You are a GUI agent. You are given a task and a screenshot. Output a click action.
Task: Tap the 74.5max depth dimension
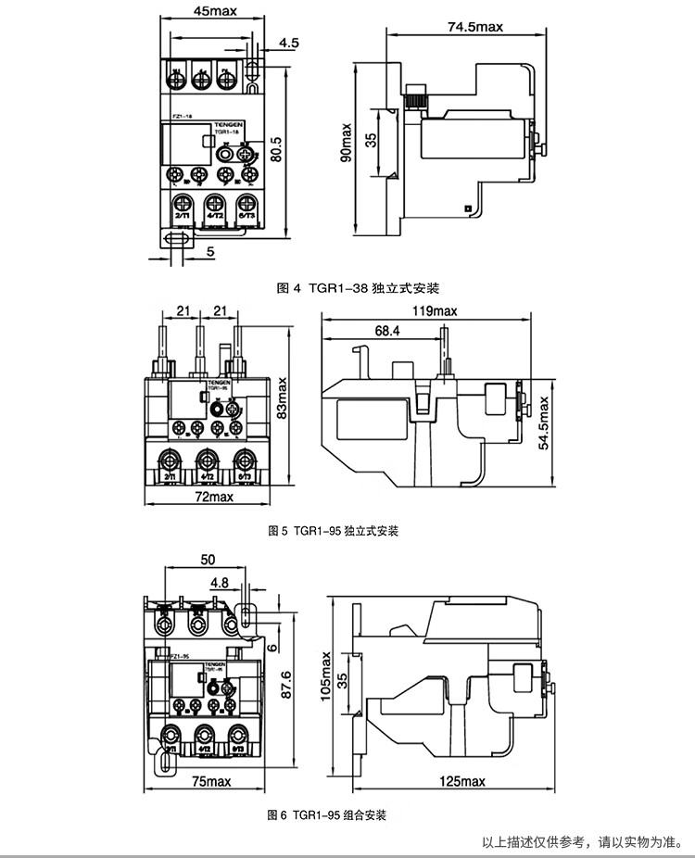pos(474,26)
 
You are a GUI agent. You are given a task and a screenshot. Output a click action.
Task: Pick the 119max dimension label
pos(435,310)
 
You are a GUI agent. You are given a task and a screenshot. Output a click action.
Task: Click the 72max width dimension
pos(215,498)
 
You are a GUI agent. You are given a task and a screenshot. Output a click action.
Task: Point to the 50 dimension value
pos(207,560)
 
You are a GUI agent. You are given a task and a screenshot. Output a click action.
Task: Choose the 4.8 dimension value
pos(220,583)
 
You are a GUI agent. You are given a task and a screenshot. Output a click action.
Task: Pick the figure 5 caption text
pos(332,532)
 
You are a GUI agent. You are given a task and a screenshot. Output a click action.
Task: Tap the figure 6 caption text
pos(325,815)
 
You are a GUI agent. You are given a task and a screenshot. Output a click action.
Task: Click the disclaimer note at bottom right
pos(587,842)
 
